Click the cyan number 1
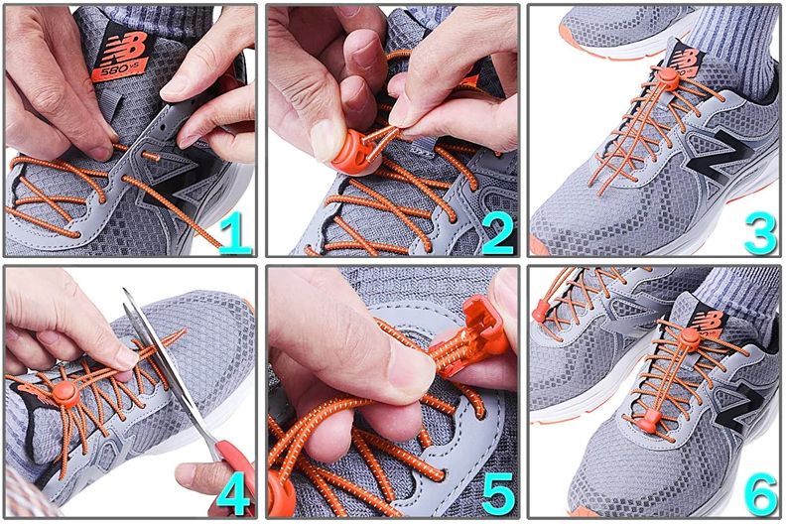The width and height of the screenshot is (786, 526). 234,232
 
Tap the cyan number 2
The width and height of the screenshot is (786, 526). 498,232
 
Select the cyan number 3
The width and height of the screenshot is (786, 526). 760,232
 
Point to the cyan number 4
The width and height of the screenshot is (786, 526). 233,494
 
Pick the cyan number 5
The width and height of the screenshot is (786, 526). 498,494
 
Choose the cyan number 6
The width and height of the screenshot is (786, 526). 760,494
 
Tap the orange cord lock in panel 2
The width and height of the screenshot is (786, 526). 356,154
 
